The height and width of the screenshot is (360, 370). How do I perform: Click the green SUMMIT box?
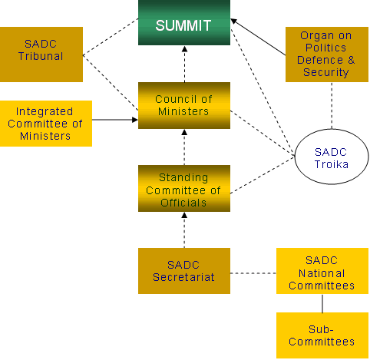click(x=184, y=22)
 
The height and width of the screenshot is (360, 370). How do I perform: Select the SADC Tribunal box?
click(x=41, y=54)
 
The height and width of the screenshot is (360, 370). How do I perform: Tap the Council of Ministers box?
click(x=184, y=105)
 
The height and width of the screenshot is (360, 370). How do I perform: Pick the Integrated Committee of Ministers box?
click(x=46, y=124)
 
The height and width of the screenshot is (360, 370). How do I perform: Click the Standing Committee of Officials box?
click(x=184, y=188)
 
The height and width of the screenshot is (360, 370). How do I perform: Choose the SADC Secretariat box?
click(x=184, y=271)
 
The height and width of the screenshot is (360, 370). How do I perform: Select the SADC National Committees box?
click(x=322, y=271)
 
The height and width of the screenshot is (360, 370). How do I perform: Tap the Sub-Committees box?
click(x=322, y=335)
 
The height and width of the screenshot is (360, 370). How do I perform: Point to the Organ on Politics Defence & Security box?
click(x=327, y=54)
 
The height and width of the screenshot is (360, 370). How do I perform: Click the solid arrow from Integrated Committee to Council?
click(x=115, y=120)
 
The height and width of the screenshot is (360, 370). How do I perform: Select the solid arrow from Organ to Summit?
click(x=258, y=37)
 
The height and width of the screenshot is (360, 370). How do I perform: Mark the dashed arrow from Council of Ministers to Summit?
click(x=184, y=64)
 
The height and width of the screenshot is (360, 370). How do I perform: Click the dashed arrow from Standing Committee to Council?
click(x=184, y=147)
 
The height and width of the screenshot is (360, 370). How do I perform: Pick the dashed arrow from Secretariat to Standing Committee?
click(x=184, y=230)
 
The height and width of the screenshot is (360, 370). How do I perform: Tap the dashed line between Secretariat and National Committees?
click(x=253, y=273)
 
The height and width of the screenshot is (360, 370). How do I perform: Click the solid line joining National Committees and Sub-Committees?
click(x=322, y=303)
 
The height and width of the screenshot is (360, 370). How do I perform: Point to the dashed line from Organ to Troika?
click(x=332, y=105)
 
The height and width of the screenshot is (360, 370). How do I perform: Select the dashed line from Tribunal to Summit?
click(x=111, y=37)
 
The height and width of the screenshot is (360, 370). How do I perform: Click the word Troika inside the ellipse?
click(x=332, y=164)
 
